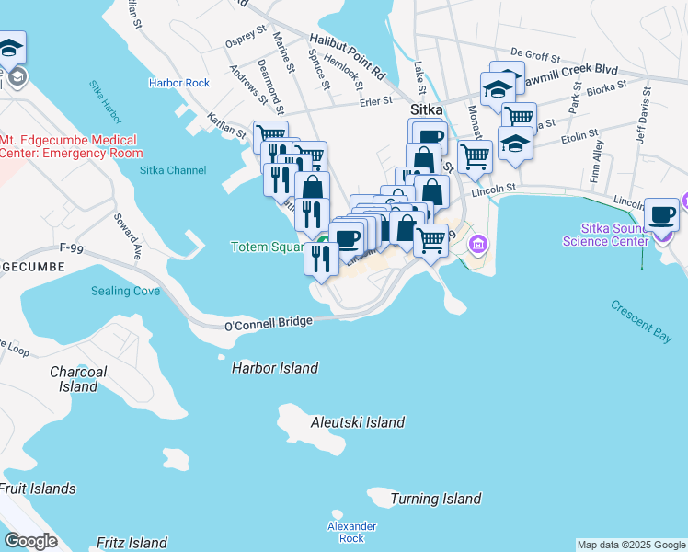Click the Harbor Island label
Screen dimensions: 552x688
(x=274, y=368)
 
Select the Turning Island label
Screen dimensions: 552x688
(x=435, y=499)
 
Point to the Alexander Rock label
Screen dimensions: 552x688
(x=352, y=532)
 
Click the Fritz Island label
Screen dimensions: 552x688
(x=132, y=543)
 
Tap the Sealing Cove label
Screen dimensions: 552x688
(x=125, y=291)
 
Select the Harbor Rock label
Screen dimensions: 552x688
(x=179, y=83)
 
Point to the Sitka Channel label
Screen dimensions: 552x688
(x=173, y=170)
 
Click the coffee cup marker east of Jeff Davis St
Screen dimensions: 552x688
(x=661, y=217)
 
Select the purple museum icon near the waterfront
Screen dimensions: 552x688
(x=477, y=245)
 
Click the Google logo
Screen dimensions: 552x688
(x=31, y=540)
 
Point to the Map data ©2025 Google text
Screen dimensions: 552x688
(x=631, y=545)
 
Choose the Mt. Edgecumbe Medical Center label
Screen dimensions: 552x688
(x=71, y=146)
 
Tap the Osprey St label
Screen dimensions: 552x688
(x=245, y=42)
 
